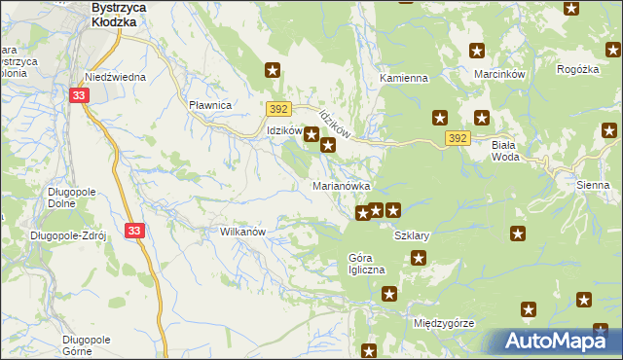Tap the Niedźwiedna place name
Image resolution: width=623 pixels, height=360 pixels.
[115, 77]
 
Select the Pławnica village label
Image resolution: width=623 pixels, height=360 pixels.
[209, 105]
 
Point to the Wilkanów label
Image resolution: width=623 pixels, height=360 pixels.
[243, 233]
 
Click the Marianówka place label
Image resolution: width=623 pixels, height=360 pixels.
[341, 185]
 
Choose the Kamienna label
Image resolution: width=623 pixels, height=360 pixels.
[404, 78]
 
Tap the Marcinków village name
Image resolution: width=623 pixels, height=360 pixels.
[499, 74]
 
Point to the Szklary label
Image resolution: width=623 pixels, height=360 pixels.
[411, 236]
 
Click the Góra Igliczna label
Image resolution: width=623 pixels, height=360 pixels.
[367, 264]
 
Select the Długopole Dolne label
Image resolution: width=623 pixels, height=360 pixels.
[70, 198]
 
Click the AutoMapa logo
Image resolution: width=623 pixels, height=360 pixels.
[556, 341]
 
